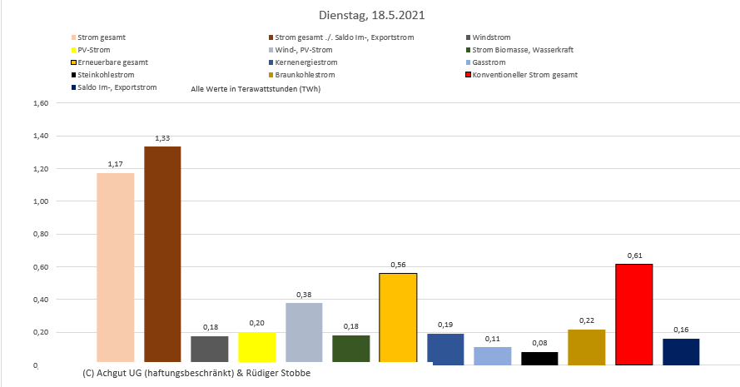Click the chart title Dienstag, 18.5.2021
coord(370,15)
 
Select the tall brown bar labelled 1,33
coord(162,255)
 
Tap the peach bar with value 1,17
coord(115,268)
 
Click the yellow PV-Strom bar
coord(256,348)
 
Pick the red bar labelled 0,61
coord(633,315)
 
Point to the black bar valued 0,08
coord(539,358)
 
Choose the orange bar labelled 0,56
coord(398,318)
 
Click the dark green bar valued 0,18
coord(350,349)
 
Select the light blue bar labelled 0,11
coord(492,355)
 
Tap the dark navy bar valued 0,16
coord(681,351)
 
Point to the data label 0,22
coord(586,320)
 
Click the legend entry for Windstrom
coord(491,37)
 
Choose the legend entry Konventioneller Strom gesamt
coord(524,75)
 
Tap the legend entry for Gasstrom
coord(489,62)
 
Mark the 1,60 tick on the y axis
coord(41,103)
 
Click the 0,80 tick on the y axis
coord(41,234)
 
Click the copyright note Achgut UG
coord(196,372)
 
